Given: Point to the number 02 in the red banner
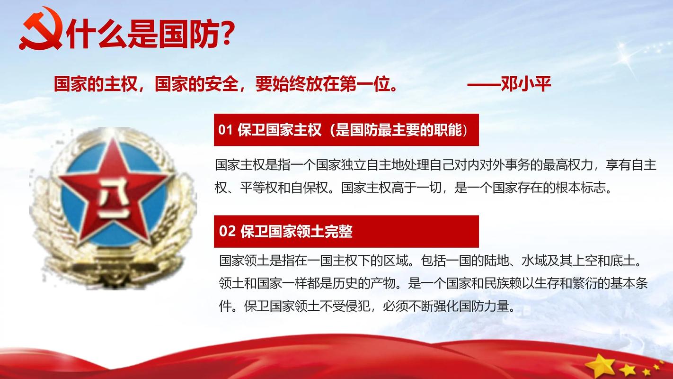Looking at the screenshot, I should coord(227,232).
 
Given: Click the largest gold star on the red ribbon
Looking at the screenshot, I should coord(600,365).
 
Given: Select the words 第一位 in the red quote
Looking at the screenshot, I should coord(368,84).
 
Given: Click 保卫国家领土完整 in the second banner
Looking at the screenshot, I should coord(296,232).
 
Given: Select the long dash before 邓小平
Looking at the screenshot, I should coord(483,84).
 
